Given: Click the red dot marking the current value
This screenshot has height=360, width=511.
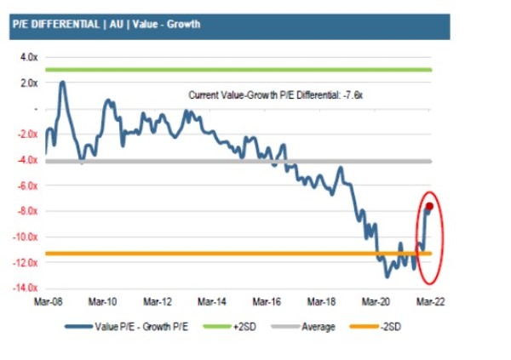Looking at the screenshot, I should [x=430, y=206].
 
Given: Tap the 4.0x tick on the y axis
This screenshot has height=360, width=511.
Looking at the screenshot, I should [x=28, y=57].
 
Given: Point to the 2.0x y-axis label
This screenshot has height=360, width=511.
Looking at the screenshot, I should [x=28, y=83].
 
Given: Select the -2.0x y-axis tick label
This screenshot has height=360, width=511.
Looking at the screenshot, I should [x=26, y=134].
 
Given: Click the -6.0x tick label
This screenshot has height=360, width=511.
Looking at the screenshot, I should [x=26, y=186].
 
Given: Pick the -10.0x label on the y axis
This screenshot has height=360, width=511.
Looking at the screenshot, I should [x=25, y=237].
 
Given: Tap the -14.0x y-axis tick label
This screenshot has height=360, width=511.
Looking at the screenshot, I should [x=25, y=289].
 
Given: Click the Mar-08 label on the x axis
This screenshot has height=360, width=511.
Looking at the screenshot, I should [x=47, y=302].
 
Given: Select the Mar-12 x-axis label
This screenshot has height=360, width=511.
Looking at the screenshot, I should [x=158, y=302].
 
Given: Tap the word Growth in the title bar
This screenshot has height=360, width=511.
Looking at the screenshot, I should [x=183, y=25].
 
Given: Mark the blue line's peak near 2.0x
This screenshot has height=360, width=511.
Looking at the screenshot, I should [x=62, y=83].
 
